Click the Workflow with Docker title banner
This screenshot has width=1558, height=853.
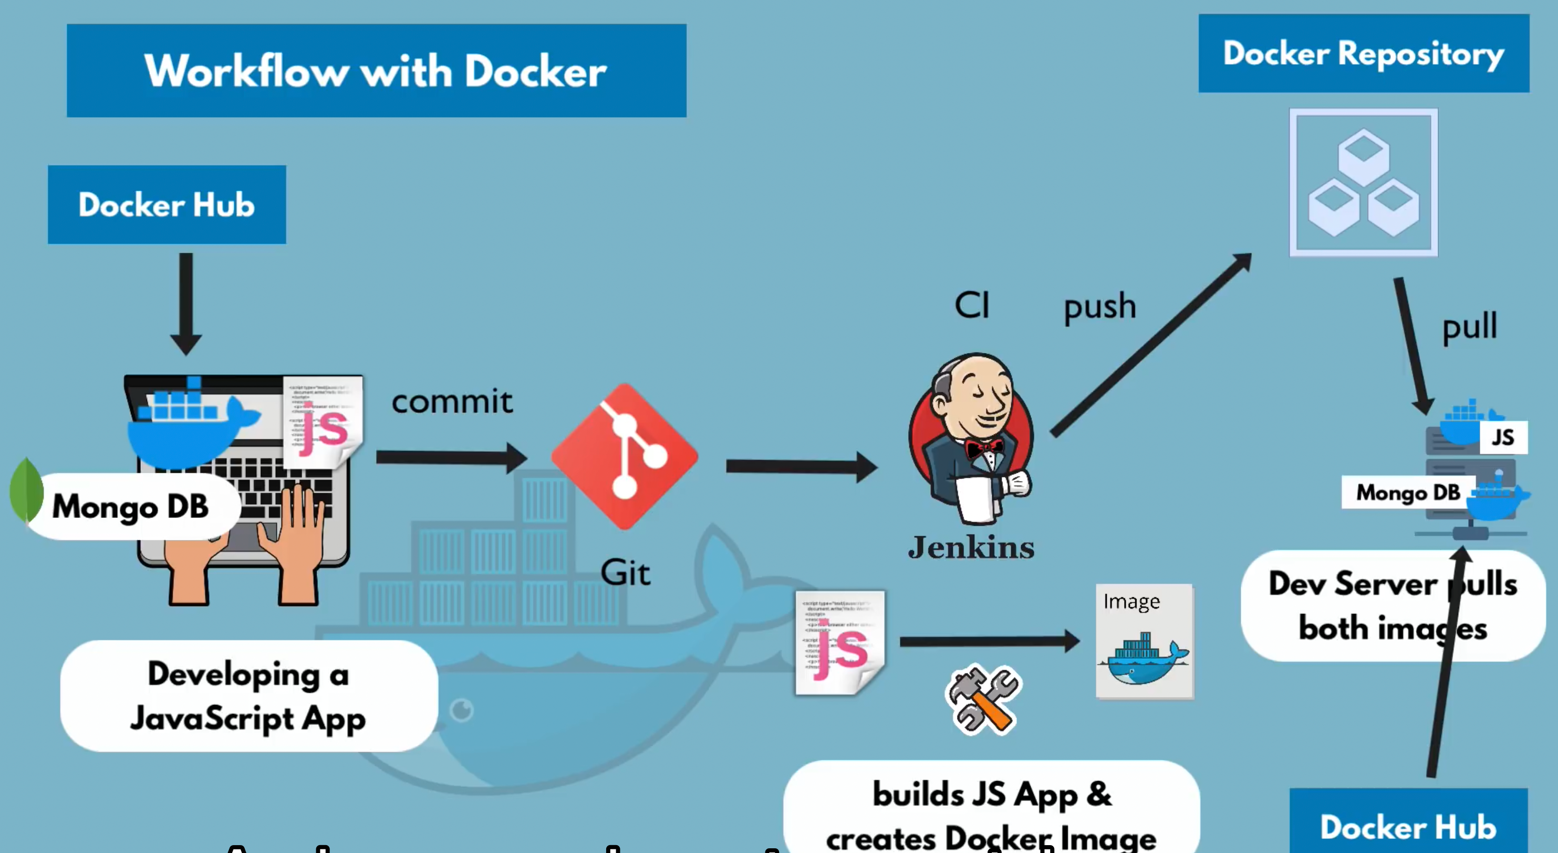[376, 71]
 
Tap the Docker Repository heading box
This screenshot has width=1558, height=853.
[1363, 53]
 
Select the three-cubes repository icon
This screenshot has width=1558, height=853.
[1363, 183]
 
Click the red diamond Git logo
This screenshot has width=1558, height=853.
[625, 457]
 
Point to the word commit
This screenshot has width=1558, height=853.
[452, 402]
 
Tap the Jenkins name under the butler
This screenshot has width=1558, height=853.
[971, 547]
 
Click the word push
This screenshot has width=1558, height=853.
[1099, 306]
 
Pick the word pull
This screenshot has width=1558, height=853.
[1470, 327]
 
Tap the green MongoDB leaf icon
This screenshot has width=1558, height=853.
[26, 490]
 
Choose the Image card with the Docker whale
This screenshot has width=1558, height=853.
[1144, 641]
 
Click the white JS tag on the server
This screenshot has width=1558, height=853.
[1503, 438]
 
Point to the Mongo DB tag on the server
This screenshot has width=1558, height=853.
[1407, 493]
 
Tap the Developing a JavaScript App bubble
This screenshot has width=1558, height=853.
[248, 696]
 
